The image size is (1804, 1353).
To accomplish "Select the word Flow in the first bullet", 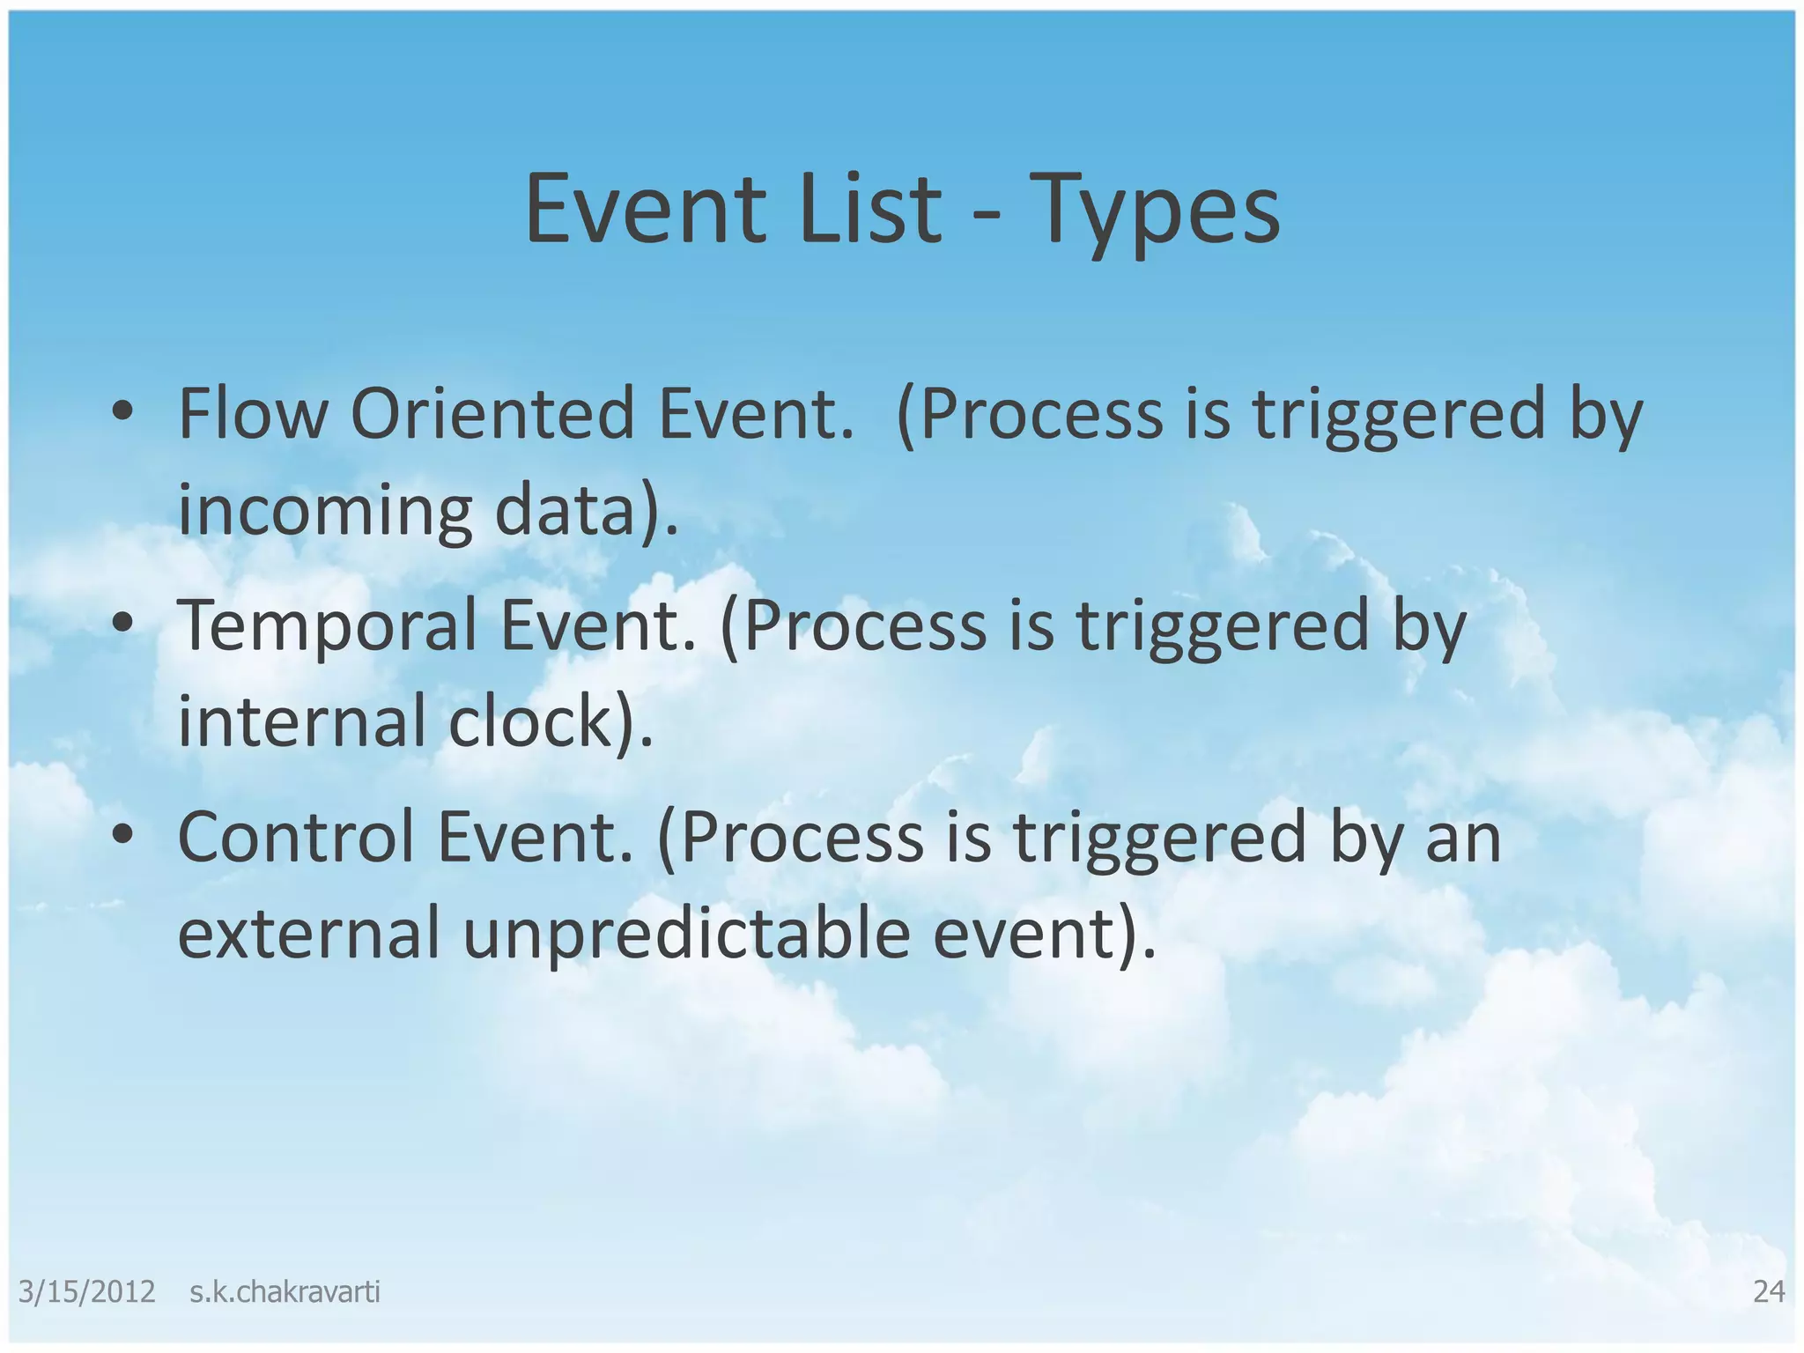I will [252, 413].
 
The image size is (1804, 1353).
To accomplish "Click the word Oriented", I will [492, 413].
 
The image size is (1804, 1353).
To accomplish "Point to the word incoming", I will [325, 513].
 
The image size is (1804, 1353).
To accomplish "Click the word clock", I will [529, 721].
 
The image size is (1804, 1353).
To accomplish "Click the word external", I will [308, 934].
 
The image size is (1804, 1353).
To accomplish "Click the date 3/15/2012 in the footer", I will [86, 1292].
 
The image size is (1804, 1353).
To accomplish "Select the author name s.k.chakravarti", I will [285, 1292].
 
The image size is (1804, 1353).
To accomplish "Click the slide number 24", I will [1769, 1291].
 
